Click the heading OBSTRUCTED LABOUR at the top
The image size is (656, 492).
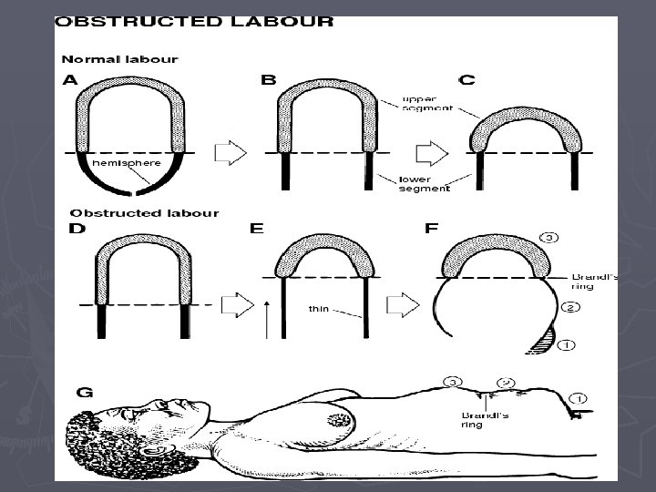click(194, 23)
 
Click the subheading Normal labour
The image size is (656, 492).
click(119, 59)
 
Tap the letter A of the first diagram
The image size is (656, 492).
click(70, 80)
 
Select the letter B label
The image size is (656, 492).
click(268, 80)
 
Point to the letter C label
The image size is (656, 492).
click(466, 80)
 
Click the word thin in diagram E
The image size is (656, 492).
click(318, 308)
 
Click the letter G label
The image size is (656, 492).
click(85, 393)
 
